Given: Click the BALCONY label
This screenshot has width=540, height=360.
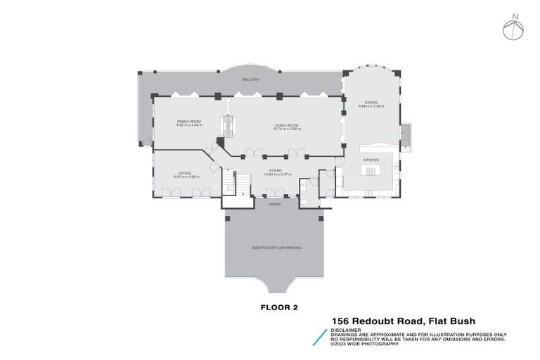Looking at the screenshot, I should click(251, 80).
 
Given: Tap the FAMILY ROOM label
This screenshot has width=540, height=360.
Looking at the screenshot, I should click(189, 122).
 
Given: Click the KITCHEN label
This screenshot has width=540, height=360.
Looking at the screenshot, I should click(371, 160).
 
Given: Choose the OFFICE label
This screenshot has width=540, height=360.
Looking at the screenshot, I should click(184, 173).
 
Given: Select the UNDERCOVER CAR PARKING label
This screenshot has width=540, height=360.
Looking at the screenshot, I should click(272, 248).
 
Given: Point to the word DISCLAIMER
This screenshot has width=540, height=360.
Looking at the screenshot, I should click(345, 329).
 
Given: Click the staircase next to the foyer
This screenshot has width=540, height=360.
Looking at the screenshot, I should click(238, 184).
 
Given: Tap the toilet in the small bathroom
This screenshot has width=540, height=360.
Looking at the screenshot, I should click(308, 201).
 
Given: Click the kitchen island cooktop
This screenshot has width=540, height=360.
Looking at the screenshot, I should click(371, 170).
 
